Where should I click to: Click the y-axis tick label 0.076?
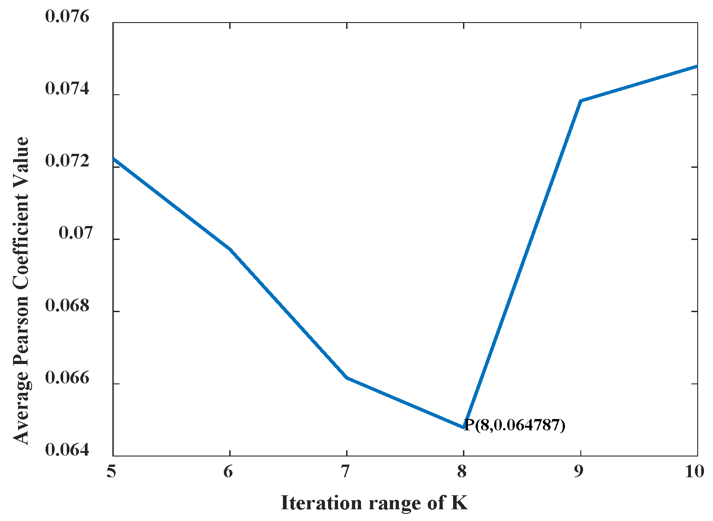point(67,17)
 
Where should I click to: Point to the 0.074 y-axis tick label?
point(67,89)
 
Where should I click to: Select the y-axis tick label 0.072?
point(67,161)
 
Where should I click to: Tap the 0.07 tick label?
point(75,233)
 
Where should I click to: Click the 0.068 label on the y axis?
point(67,306)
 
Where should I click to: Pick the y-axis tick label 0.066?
point(67,378)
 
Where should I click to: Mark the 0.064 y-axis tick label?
point(67,450)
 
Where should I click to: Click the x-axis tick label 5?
point(111,472)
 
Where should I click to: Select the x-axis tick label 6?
point(229,472)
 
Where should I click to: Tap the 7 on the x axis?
point(346,472)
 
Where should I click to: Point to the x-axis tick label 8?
point(462,472)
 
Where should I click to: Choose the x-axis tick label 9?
point(579,472)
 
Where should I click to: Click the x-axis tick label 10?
point(694,472)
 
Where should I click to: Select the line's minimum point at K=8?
point(463,427)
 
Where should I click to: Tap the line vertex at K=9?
point(580,101)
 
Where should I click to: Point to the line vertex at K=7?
point(347,378)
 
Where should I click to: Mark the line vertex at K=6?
point(230,249)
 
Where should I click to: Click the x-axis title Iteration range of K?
point(374,503)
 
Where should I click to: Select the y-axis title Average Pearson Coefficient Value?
point(21,290)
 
